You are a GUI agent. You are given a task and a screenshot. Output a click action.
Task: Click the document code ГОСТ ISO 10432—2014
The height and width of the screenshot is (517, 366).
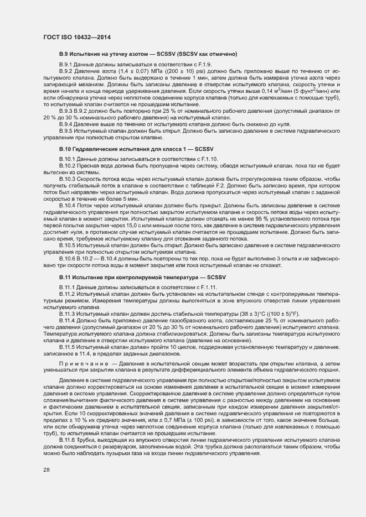pos(73,36)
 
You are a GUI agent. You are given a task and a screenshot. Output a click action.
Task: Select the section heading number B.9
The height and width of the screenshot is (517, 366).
pos(64,54)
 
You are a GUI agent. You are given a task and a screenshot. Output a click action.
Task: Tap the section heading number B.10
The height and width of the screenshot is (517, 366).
pos(65,149)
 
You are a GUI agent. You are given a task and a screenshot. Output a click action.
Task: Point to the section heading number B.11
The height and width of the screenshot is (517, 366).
pos(65,276)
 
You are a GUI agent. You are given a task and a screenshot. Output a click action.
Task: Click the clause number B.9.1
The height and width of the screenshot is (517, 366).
pos(66,65)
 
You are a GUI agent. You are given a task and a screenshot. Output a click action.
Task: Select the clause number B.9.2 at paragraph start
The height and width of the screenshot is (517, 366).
pos(66,72)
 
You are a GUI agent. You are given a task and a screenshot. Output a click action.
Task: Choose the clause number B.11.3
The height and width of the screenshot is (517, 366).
pos(67,313)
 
